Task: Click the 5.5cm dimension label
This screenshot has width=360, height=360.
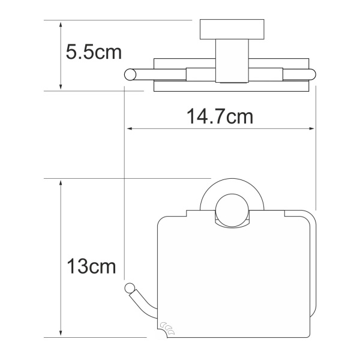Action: coord(94,52)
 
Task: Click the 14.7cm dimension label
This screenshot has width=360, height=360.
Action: coord(220,116)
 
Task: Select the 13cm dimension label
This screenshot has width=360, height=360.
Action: coord(91,266)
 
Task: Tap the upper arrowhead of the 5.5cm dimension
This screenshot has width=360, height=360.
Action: coord(61,25)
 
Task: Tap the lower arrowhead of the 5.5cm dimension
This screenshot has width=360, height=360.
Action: coord(61,86)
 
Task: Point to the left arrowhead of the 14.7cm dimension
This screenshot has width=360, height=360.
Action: coord(130,129)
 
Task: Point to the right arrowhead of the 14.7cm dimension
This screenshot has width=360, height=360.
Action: coord(311,129)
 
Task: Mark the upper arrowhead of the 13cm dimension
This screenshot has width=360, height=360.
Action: coord(61,183)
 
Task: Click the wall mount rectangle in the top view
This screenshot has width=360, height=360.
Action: coord(232,29)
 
